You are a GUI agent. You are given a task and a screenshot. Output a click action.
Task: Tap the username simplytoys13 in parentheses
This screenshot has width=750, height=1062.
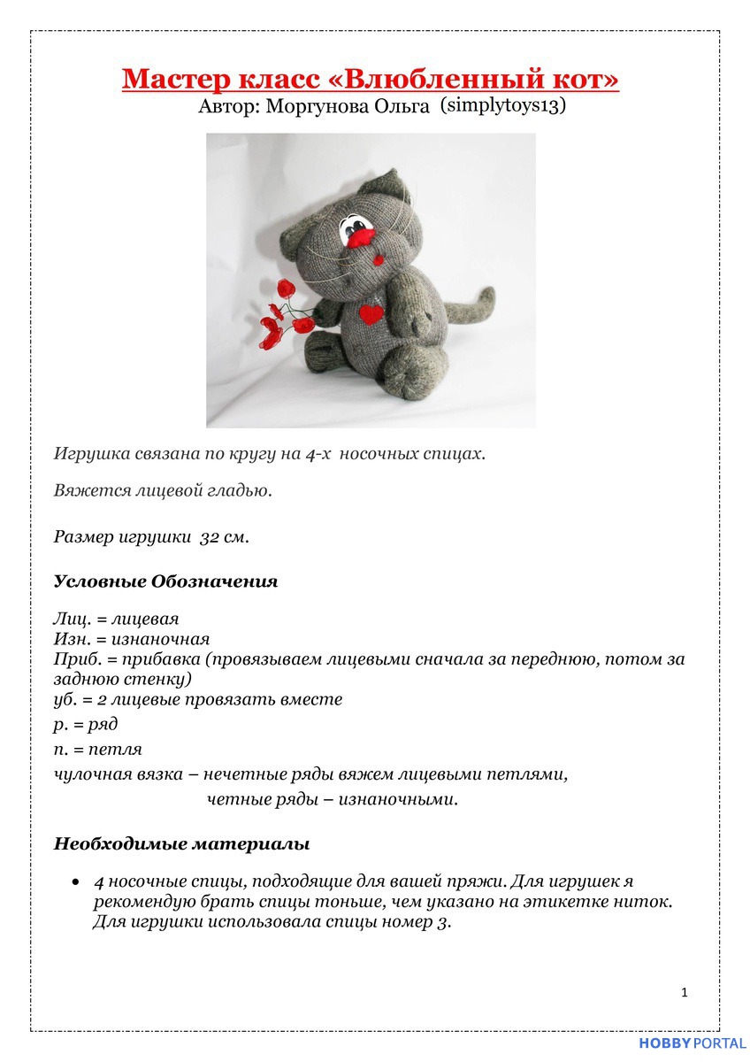502,105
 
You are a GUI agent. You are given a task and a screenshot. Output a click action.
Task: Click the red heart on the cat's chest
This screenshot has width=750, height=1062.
372,313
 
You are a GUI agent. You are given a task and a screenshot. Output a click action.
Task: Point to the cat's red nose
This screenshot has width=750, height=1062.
360,236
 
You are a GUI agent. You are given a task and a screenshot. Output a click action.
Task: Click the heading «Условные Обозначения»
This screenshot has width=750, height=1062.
165,581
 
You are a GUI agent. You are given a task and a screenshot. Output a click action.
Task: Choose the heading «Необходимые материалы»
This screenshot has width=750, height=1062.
181,843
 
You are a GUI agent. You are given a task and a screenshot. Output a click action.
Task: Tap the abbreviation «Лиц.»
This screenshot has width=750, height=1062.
70,619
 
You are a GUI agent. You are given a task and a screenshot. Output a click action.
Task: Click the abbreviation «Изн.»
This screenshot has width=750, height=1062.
71,639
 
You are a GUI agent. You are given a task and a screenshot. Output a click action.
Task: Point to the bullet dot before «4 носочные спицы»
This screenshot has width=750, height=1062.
76,882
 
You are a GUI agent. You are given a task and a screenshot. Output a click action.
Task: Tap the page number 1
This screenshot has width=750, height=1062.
685,992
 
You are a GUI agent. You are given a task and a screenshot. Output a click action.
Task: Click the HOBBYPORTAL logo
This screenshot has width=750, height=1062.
693,1044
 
